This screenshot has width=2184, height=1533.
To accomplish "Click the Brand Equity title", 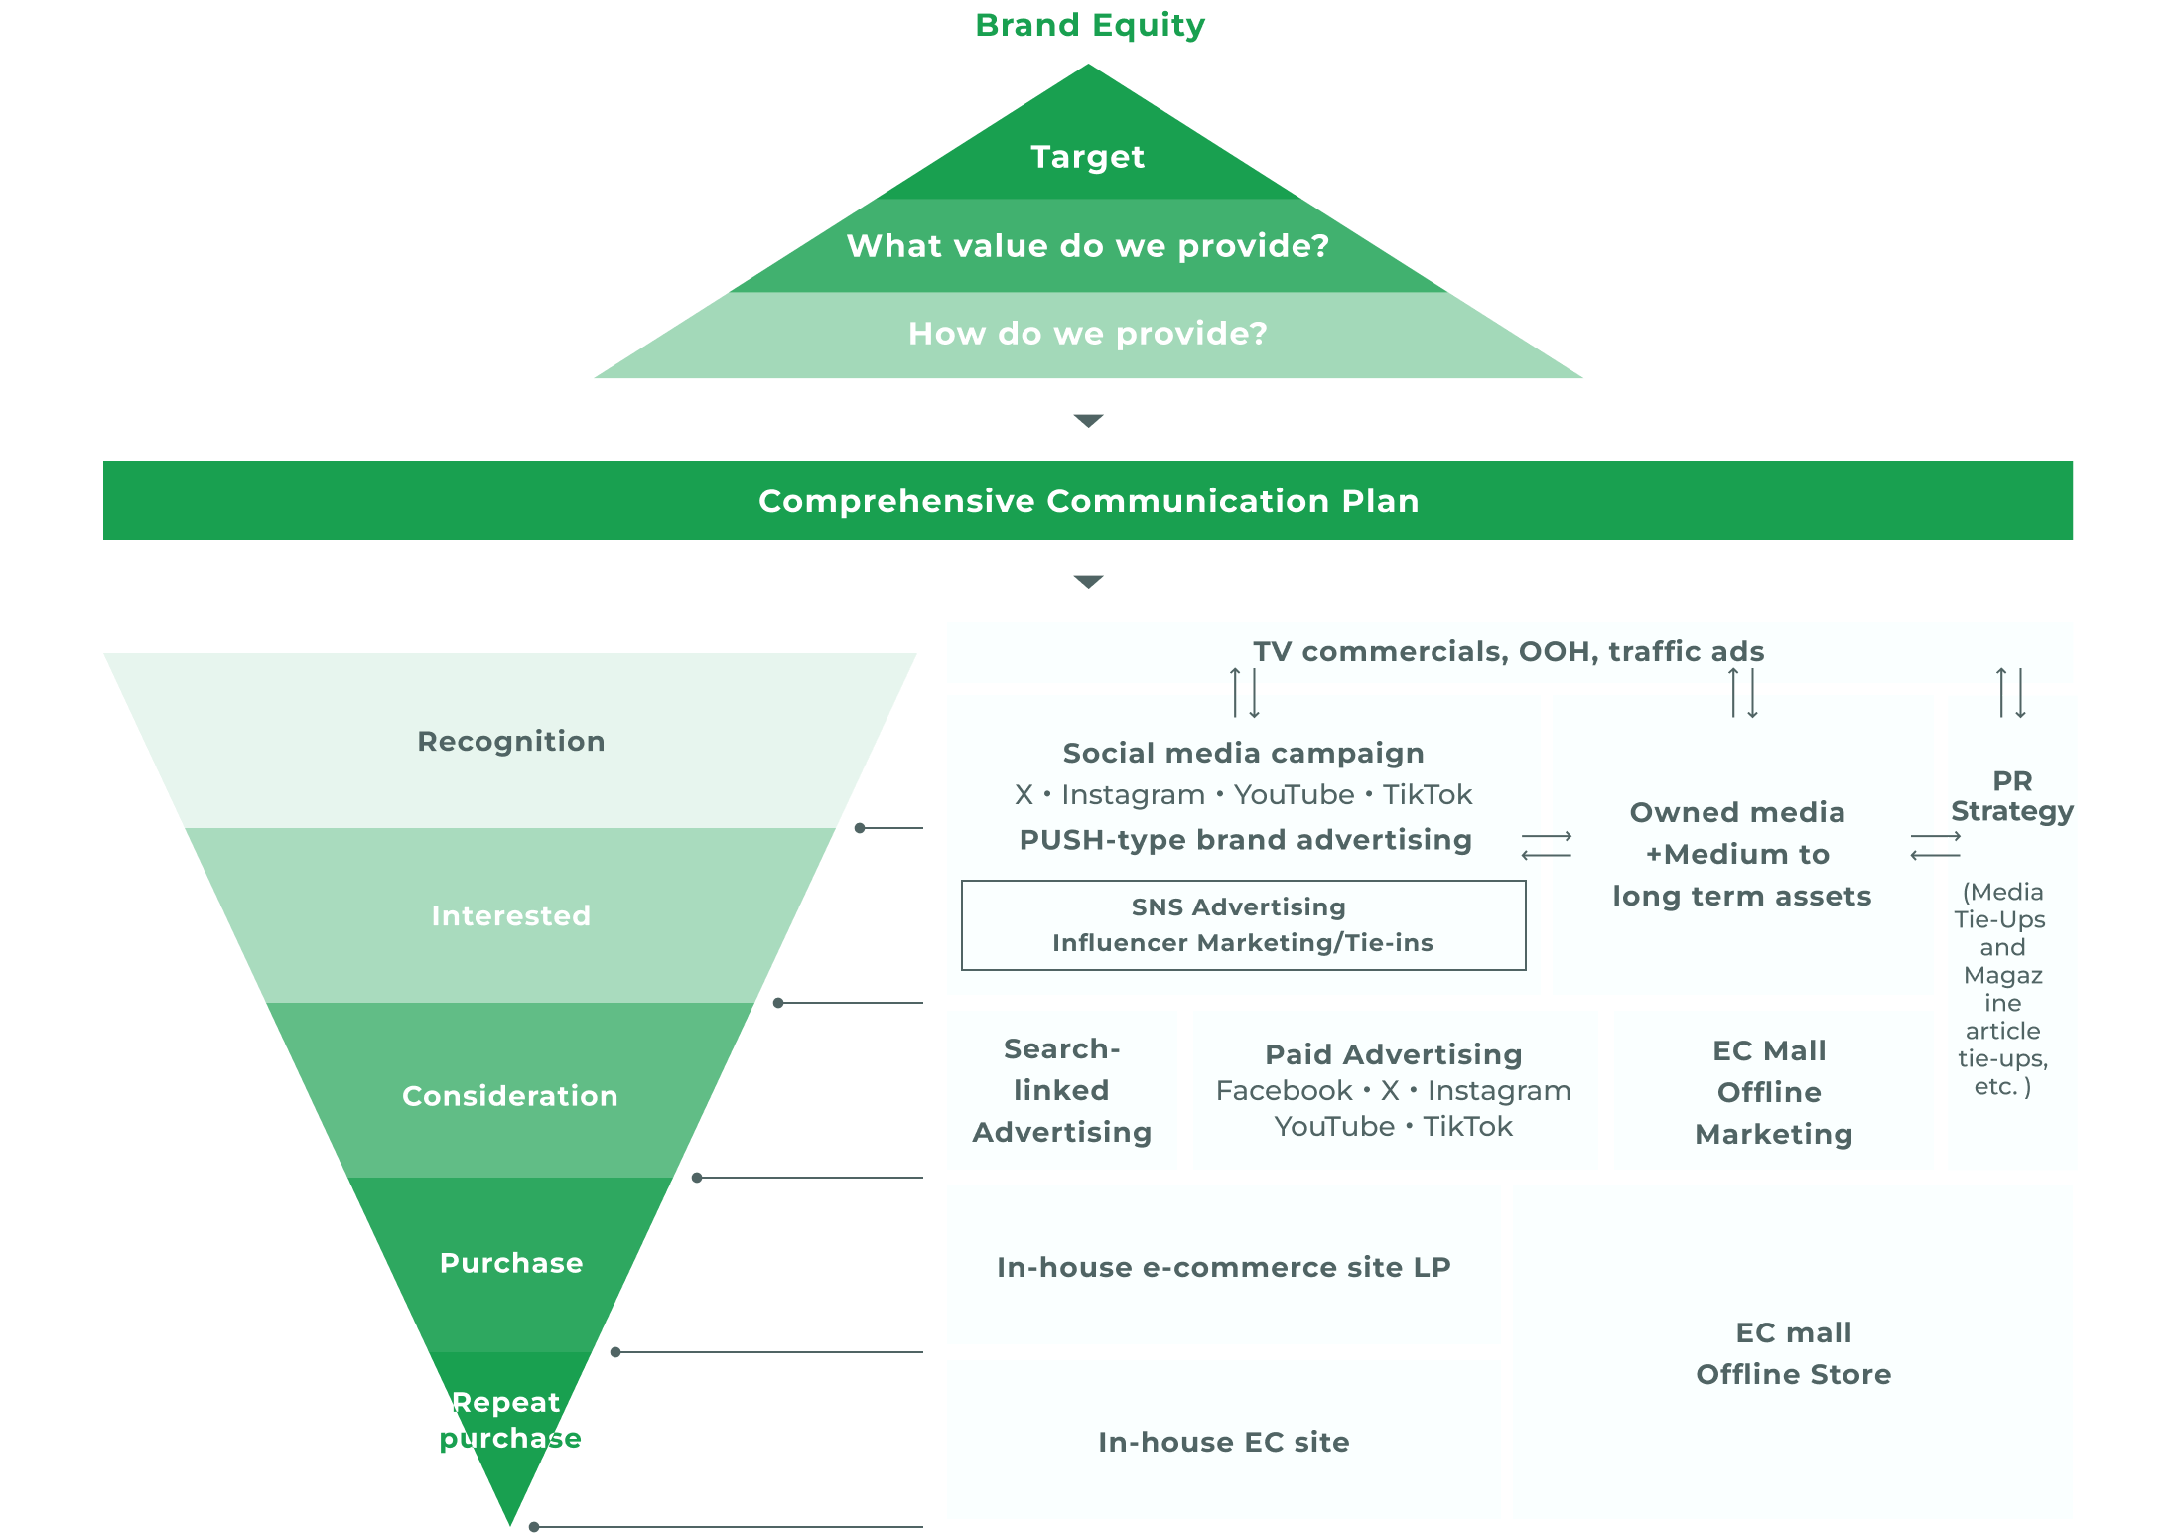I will pyautogui.click(x=1089, y=26).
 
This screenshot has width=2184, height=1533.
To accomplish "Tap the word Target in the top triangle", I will pyautogui.click(x=1088, y=157).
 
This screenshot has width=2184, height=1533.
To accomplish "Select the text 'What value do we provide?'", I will pyautogui.click(x=1088, y=246).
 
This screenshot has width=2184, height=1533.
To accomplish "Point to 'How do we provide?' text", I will pyautogui.click(x=1088, y=334).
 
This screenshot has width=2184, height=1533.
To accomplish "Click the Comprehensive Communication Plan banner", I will pyautogui.click(x=1088, y=500).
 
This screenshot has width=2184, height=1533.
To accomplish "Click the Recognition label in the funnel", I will pyautogui.click(x=510, y=741).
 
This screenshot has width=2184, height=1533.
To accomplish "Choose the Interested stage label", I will pyautogui.click(x=510, y=915).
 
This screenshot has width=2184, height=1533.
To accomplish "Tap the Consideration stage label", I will pyautogui.click(x=510, y=1096).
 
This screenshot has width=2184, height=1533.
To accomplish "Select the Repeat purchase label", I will pyautogui.click(x=509, y=1420).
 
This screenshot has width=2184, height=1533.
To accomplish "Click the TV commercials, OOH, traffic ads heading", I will pyautogui.click(x=1508, y=651).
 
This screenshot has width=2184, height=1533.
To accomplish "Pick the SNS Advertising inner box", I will pyautogui.click(x=1243, y=924).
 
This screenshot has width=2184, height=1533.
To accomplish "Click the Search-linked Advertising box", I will pyautogui.click(x=1061, y=1090).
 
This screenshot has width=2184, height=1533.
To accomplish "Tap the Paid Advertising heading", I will pyautogui.click(x=1394, y=1054).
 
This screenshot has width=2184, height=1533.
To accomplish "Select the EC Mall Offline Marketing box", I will pyautogui.click(x=1773, y=1091).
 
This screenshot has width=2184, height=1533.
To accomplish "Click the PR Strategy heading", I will pyautogui.click(x=2012, y=796).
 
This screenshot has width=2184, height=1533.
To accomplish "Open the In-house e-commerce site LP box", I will pyautogui.click(x=1223, y=1267).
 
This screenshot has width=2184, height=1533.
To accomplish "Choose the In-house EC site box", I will pyautogui.click(x=1223, y=1442).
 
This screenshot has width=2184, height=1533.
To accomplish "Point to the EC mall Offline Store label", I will pyautogui.click(x=1793, y=1353).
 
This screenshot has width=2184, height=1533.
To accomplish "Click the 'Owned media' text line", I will pyautogui.click(x=1737, y=812).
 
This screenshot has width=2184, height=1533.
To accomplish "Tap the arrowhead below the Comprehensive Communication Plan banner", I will pyautogui.click(x=1088, y=582).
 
